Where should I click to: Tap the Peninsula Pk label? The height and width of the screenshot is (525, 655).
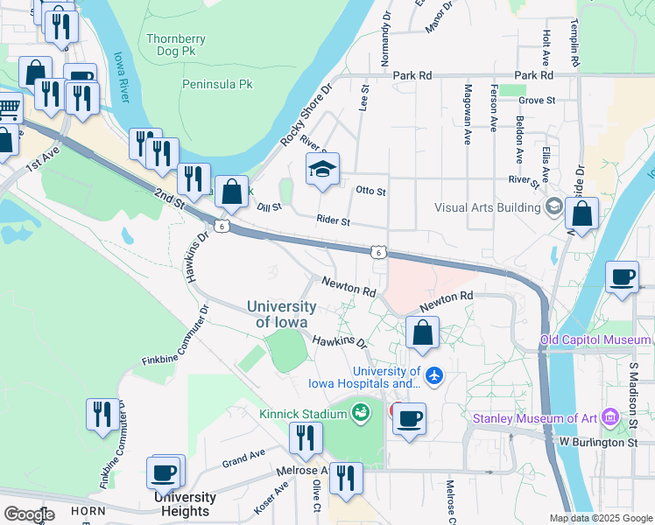217,84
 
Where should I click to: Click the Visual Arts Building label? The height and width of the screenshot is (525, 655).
489,207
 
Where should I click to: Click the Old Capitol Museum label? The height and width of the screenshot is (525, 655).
595,339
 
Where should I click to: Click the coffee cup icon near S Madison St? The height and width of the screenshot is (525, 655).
623,278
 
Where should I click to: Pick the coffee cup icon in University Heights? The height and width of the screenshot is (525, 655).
165,473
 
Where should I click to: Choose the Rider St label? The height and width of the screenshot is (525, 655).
333,222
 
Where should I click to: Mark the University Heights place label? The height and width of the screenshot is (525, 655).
186,504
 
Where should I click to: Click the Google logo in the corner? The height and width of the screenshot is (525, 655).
29,514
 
